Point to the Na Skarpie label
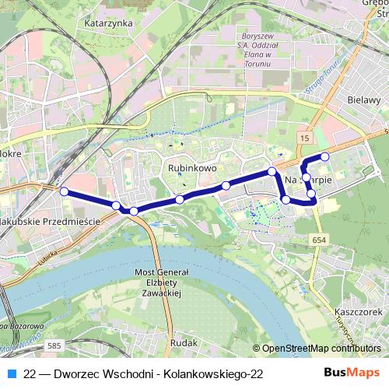[309, 180]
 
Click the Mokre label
[9, 154]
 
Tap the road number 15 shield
[303, 137]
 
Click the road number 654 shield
[320, 240]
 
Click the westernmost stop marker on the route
[65, 191]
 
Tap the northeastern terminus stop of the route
[325, 157]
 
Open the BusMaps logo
[352, 373]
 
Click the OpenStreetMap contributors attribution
[320, 349]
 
